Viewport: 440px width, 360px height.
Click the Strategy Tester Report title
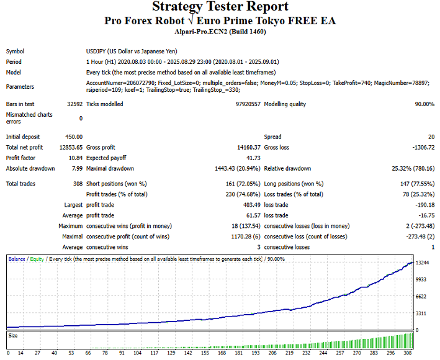tap(220, 7)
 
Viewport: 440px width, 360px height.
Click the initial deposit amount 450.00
tap(73, 137)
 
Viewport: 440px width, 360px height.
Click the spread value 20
tap(431, 137)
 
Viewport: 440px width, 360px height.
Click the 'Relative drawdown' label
tap(287, 168)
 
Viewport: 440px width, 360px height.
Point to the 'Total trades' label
tap(20, 184)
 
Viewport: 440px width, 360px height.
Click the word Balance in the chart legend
tap(17, 258)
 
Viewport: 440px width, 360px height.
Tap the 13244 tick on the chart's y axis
tap(423, 263)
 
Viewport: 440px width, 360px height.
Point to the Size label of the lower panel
tap(12, 336)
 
